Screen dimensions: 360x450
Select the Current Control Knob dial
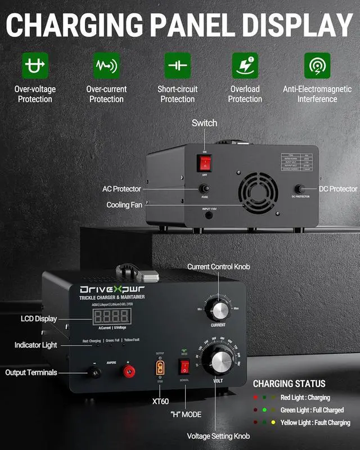(x=218, y=309)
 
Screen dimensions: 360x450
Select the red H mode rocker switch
(x=183, y=367)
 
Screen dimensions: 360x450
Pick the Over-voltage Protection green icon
(x=35, y=66)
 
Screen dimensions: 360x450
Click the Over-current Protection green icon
(x=106, y=66)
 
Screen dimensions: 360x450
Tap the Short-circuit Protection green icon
(x=178, y=66)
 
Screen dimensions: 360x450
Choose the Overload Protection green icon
(x=245, y=66)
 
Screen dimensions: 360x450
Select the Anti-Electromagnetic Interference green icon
(x=317, y=66)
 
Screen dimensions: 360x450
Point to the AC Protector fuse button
(x=204, y=189)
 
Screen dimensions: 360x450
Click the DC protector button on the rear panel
(x=300, y=190)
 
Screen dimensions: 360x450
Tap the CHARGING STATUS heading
(x=289, y=384)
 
